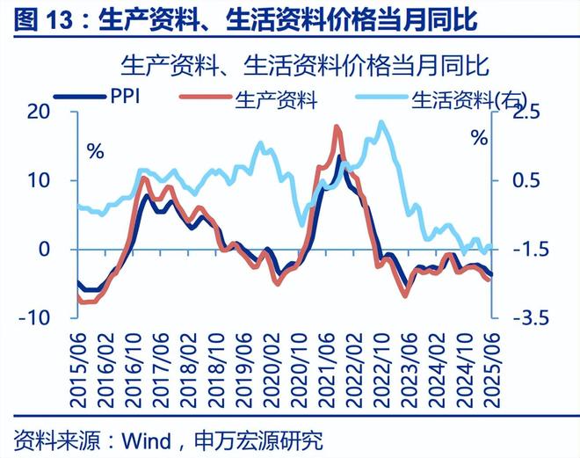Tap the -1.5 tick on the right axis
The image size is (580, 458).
(x=518, y=249)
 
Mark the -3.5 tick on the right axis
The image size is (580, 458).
(x=518, y=317)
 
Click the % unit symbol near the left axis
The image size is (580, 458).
(x=95, y=149)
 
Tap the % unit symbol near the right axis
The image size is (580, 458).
(x=479, y=138)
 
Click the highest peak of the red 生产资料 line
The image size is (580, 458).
(x=338, y=127)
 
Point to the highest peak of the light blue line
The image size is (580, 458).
(x=381, y=122)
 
